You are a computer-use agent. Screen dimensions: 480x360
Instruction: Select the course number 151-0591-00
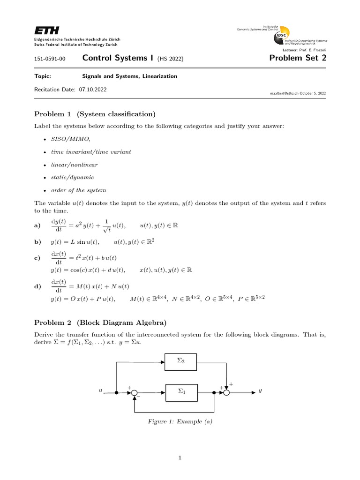(x=50, y=59)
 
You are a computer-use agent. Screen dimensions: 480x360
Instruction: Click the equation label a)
(x=38, y=226)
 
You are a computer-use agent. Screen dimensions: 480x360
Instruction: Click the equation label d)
(x=38, y=286)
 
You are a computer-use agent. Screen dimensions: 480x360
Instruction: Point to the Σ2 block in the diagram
(x=181, y=362)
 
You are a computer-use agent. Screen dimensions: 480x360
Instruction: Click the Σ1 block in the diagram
(x=181, y=392)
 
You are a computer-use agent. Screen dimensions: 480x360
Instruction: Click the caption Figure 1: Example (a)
(x=180, y=421)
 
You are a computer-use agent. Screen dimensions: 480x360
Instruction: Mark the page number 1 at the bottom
(x=180, y=458)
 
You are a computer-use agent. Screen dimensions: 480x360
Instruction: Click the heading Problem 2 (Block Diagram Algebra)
(x=100, y=322)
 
